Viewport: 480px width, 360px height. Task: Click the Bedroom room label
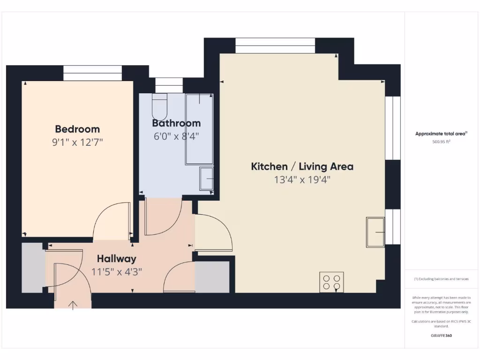[77, 129]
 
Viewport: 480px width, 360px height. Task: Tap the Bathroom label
[176, 123]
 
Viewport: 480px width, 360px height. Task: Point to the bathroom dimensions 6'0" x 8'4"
[176, 137]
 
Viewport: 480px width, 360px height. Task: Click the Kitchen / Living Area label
[302, 166]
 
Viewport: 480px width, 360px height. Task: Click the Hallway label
[117, 259]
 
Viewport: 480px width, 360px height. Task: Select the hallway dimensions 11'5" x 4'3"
[117, 271]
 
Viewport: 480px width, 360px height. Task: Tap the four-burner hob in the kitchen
[331, 282]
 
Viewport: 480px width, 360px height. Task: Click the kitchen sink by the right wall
[375, 232]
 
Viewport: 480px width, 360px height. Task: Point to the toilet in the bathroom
[159, 107]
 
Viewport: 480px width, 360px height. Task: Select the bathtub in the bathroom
[199, 129]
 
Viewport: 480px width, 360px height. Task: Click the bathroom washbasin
[206, 179]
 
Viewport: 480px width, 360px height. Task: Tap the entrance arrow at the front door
[73, 305]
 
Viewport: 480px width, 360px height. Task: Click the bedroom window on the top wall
[92, 73]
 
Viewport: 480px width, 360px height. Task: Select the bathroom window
[169, 85]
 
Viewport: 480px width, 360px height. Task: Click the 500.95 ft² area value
[441, 142]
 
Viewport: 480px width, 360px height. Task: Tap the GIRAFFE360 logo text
[441, 336]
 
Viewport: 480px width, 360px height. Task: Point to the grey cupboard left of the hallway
[33, 267]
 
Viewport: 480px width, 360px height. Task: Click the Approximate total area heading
[441, 134]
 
